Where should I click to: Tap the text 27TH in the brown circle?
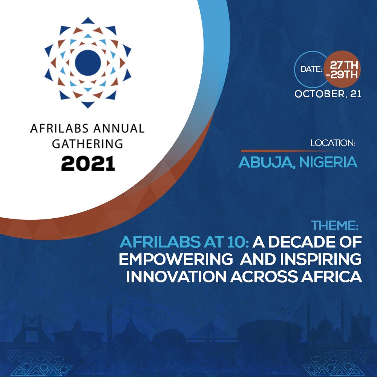coord(343,63)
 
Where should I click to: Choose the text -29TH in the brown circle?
coord(342,75)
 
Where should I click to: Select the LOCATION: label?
coord(333,143)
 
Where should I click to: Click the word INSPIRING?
coord(321,260)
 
